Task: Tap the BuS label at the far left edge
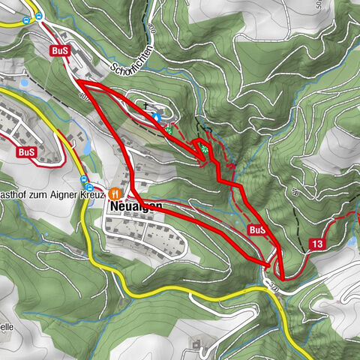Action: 26,151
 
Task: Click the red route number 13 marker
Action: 318,244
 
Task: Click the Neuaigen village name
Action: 135,204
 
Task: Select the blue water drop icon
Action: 157,117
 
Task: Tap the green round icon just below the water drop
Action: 170,130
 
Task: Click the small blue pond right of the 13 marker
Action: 351,242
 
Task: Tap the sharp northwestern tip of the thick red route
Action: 75,79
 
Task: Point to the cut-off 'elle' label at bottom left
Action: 6,327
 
